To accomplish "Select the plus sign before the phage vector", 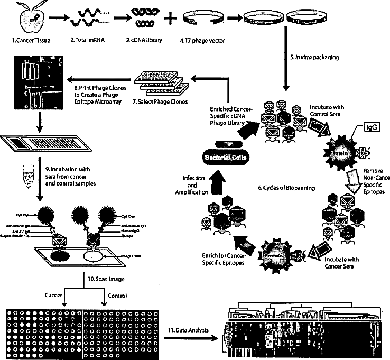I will tap(170, 19).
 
